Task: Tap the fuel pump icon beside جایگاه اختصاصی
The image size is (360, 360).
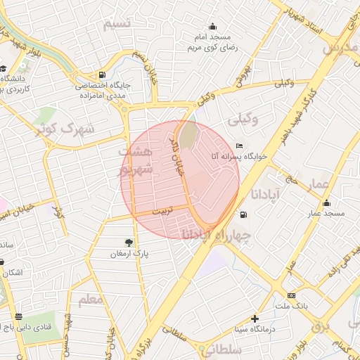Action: point(103,75)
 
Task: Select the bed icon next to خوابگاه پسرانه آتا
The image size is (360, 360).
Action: point(240,146)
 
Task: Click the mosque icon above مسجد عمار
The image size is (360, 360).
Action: point(326,203)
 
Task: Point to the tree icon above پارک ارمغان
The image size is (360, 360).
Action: point(127,242)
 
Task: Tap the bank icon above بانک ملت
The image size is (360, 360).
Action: point(291,296)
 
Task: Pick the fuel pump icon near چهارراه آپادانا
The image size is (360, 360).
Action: point(243,214)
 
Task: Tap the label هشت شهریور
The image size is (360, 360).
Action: point(135,161)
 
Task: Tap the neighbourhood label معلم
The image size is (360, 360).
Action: point(91,300)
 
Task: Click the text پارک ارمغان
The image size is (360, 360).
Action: point(128,253)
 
